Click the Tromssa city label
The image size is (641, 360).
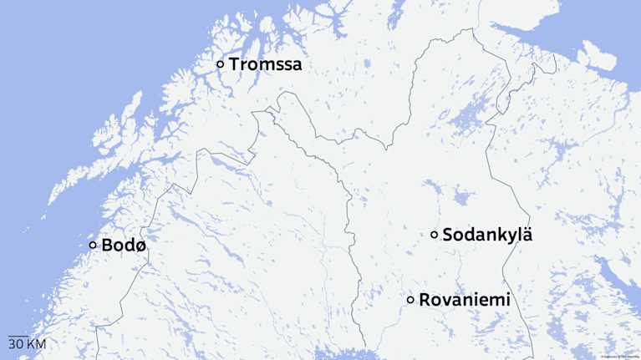(266, 64)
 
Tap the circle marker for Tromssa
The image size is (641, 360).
(221, 64)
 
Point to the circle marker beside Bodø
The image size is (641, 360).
(93, 245)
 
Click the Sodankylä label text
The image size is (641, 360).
(486, 235)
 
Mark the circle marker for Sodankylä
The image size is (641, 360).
(435, 235)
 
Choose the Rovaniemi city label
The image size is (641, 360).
(464, 300)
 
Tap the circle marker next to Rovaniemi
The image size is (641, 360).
(410, 300)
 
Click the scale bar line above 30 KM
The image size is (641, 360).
(18, 336)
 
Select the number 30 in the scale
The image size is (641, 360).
(15, 344)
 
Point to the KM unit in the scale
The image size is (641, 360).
(36, 344)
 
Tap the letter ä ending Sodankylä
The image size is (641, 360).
(526, 235)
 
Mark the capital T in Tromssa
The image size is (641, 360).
(235, 64)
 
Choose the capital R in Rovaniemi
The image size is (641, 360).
(425, 300)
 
